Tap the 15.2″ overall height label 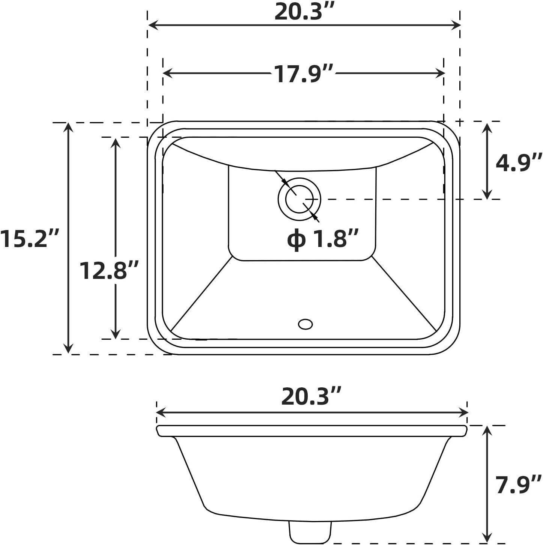pos(29,239)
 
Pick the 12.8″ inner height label pos(109,270)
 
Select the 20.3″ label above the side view pos(311,397)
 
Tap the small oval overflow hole pos(305,324)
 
